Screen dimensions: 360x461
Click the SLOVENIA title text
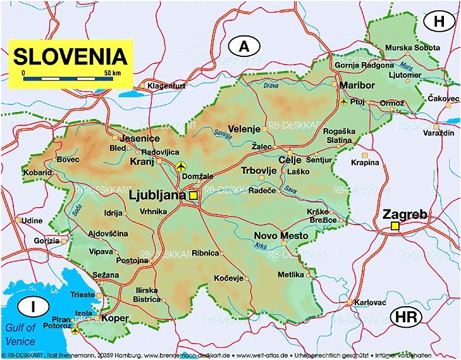click(71, 56)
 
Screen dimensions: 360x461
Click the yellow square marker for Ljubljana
click(193, 196)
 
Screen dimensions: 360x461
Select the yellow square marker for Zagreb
click(395, 226)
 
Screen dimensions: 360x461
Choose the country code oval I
click(32, 307)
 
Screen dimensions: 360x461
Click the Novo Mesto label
click(281, 236)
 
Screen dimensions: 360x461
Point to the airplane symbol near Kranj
click(182, 166)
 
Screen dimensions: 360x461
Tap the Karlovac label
click(371, 302)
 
